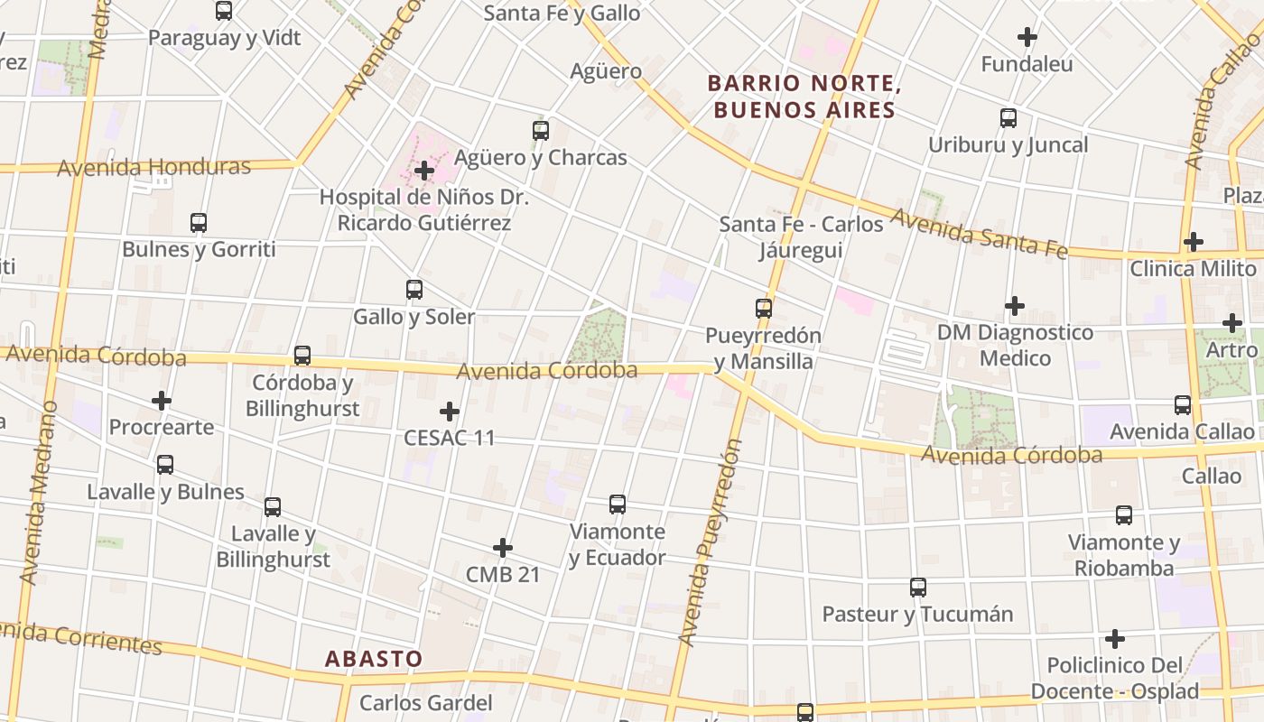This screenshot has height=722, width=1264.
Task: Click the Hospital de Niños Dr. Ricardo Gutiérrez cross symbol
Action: [x=423, y=170]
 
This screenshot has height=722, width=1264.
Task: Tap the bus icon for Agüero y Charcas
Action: [x=540, y=131]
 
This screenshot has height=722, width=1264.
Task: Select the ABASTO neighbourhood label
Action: [x=374, y=659]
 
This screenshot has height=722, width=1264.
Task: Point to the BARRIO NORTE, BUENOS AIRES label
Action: [x=804, y=97]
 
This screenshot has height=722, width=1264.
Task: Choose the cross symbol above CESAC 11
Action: [x=449, y=412]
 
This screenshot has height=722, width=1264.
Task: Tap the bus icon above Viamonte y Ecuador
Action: [x=618, y=504]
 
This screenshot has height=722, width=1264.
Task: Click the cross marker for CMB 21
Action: [x=503, y=548]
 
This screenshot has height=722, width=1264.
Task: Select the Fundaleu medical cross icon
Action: [x=1027, y=38]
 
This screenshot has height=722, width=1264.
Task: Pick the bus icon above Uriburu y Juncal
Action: [x=1008, y=118]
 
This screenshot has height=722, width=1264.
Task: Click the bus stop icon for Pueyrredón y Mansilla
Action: [x=764, y=309]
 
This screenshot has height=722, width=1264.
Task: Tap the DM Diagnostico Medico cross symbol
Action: [x=1015, y=306]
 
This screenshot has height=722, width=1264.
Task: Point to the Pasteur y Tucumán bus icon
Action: [x=918, y=588]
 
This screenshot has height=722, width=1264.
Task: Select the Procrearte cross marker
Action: [x=162, y=400]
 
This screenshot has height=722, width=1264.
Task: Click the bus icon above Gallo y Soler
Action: [x=414, y=290]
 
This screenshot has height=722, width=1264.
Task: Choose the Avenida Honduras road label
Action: [x=153, y=168]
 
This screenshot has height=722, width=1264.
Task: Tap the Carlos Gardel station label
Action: [x=426, y=703]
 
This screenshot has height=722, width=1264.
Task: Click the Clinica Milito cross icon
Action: [x=1194, y=242]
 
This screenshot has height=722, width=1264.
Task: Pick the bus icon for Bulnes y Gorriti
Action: [x=199, y=222]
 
